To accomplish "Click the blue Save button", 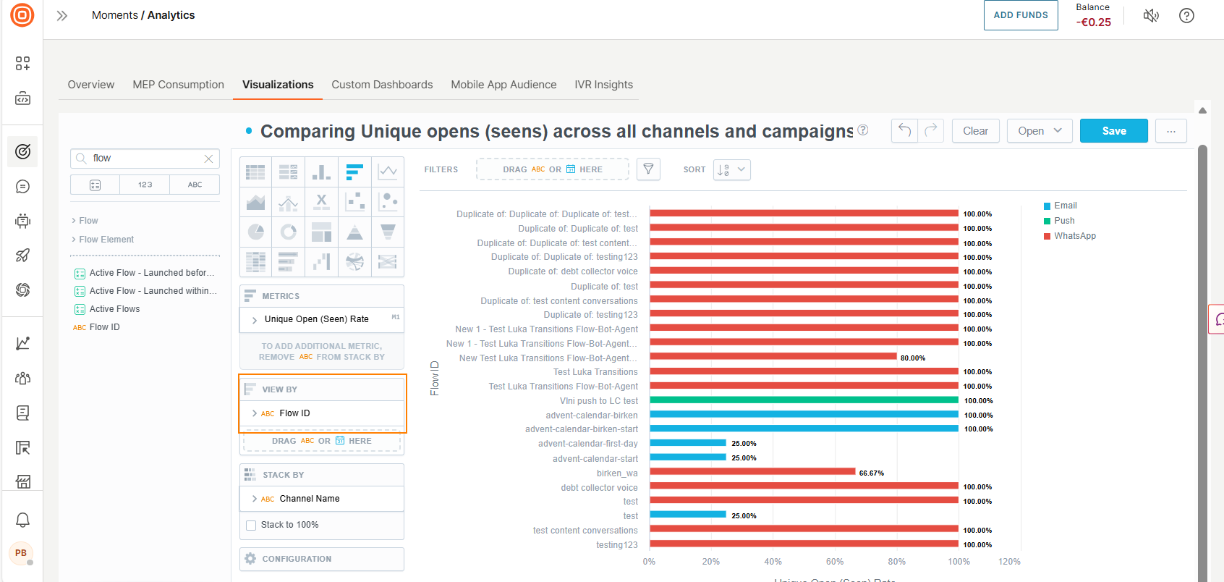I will pos(1113,131).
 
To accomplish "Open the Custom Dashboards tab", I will pos(382,85).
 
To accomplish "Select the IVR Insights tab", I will pos(603,85).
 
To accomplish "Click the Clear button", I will pos(975,131).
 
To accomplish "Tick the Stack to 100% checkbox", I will pos(251,526).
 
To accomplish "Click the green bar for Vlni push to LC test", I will pos(803,400).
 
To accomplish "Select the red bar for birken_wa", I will pos(752,472).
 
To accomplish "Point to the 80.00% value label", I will pos(912,358).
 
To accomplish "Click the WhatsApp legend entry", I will pos(1074,236).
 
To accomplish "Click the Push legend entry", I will pos(1063,221).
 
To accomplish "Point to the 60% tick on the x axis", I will pos(834,562).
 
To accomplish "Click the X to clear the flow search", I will pos(208,159).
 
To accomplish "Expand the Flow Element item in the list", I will pos(106,240).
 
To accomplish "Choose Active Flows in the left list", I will pos(114,309).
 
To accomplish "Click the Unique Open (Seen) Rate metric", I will pos(316,319).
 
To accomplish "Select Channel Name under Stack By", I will pos(309,499).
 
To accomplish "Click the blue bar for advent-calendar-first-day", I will pos(687,443).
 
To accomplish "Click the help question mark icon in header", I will pos(1186,16).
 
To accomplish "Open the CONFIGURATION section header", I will pos(297,559).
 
